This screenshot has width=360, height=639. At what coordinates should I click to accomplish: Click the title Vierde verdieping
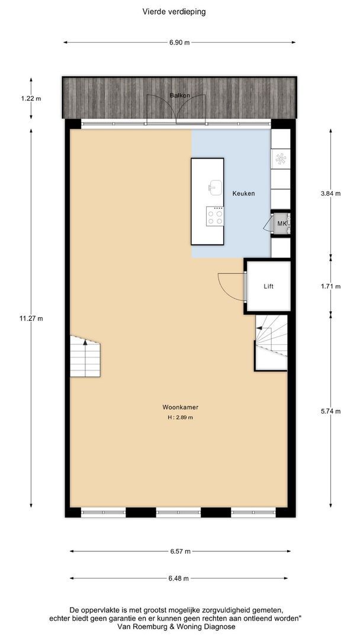174,12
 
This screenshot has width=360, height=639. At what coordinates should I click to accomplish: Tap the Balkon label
180,95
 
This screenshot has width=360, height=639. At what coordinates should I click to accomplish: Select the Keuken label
243,193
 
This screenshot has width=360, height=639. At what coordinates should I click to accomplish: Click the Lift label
268,286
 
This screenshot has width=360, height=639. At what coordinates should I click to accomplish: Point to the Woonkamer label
180,406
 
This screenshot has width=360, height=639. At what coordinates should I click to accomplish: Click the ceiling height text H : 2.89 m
180,417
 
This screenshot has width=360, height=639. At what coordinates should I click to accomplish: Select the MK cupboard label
282,223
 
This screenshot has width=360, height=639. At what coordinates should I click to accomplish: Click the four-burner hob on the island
215,216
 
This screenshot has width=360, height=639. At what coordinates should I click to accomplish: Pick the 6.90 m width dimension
180,43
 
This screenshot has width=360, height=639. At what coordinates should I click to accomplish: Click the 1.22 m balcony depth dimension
31,98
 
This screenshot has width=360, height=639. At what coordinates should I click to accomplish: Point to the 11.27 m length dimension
31,319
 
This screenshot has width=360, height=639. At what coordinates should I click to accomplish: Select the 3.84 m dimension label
330,193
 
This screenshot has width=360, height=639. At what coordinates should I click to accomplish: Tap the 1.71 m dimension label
330,286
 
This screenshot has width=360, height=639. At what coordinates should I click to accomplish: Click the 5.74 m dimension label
330,411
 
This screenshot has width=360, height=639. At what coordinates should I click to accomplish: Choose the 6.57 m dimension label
180,551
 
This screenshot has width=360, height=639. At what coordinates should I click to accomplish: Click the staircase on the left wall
85,356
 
